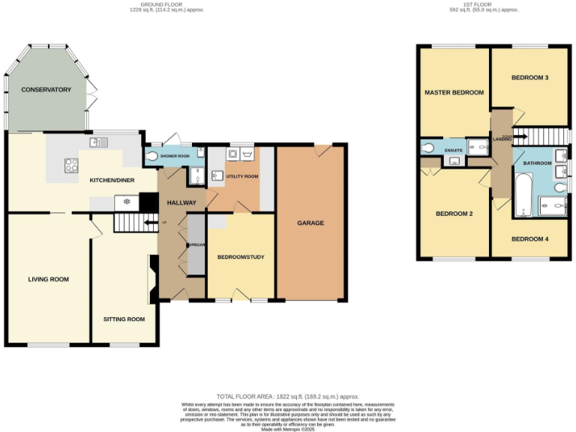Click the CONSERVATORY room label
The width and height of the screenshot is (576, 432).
point(46,90)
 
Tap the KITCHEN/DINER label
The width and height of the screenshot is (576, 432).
point(112,181)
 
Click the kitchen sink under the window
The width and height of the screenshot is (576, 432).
point(99,142)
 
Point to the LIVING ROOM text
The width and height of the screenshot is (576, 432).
point(48,279)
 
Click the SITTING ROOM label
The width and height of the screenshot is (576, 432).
point(124,319)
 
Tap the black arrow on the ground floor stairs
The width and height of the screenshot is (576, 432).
point(142,222)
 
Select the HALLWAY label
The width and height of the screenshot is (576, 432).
point(181,202)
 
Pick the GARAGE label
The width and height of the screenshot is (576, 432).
point(310,223)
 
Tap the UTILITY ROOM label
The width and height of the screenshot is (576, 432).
point(242,176)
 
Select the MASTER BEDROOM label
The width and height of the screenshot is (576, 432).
point(454,93)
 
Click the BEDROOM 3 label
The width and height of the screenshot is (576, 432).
point(529,77)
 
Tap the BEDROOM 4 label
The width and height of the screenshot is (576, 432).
point(529,239)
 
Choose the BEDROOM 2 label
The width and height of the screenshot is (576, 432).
point(454,214)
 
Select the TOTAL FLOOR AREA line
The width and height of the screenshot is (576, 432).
point(288,396)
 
